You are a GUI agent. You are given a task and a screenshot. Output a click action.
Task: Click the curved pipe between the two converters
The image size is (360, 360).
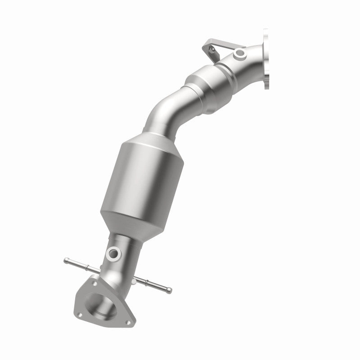coord(164,112)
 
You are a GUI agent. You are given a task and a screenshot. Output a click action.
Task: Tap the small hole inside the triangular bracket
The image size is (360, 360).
coord(215,45)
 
